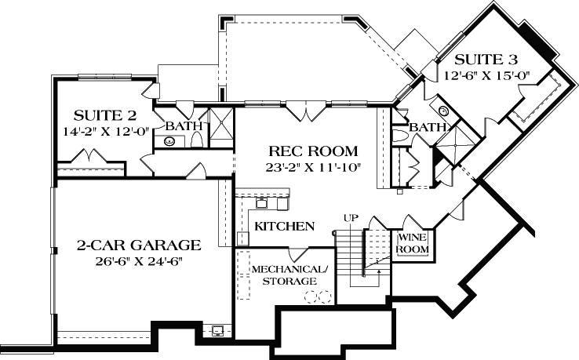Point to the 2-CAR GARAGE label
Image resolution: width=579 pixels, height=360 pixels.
click(x=138, y=245)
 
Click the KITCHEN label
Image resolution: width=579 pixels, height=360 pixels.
click(x=285, y=226)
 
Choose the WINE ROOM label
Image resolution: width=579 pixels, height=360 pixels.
click(x=413, y=243)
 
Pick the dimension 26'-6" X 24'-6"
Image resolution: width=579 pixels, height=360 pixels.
click(x=138, y=260)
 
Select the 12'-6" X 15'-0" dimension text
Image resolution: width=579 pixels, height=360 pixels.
click(x=487, y=76)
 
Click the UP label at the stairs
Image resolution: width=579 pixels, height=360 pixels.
click(x=350, y=217)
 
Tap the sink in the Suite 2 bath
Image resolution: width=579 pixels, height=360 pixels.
click(x=169, y=141)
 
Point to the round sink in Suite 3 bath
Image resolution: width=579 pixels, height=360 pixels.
click(x=442, y=111)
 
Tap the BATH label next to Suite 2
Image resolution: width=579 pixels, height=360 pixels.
click(x=184, y=125)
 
